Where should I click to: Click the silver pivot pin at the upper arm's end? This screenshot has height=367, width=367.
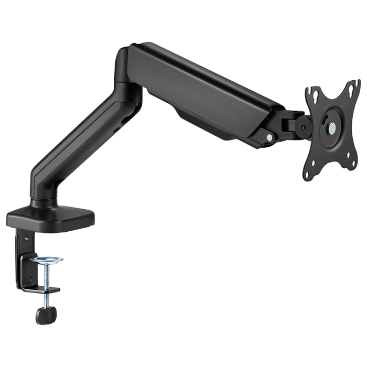pos(269,137)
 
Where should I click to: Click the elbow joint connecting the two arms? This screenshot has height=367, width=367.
pos(128,73)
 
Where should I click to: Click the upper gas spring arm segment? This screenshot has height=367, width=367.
pos(210,94)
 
